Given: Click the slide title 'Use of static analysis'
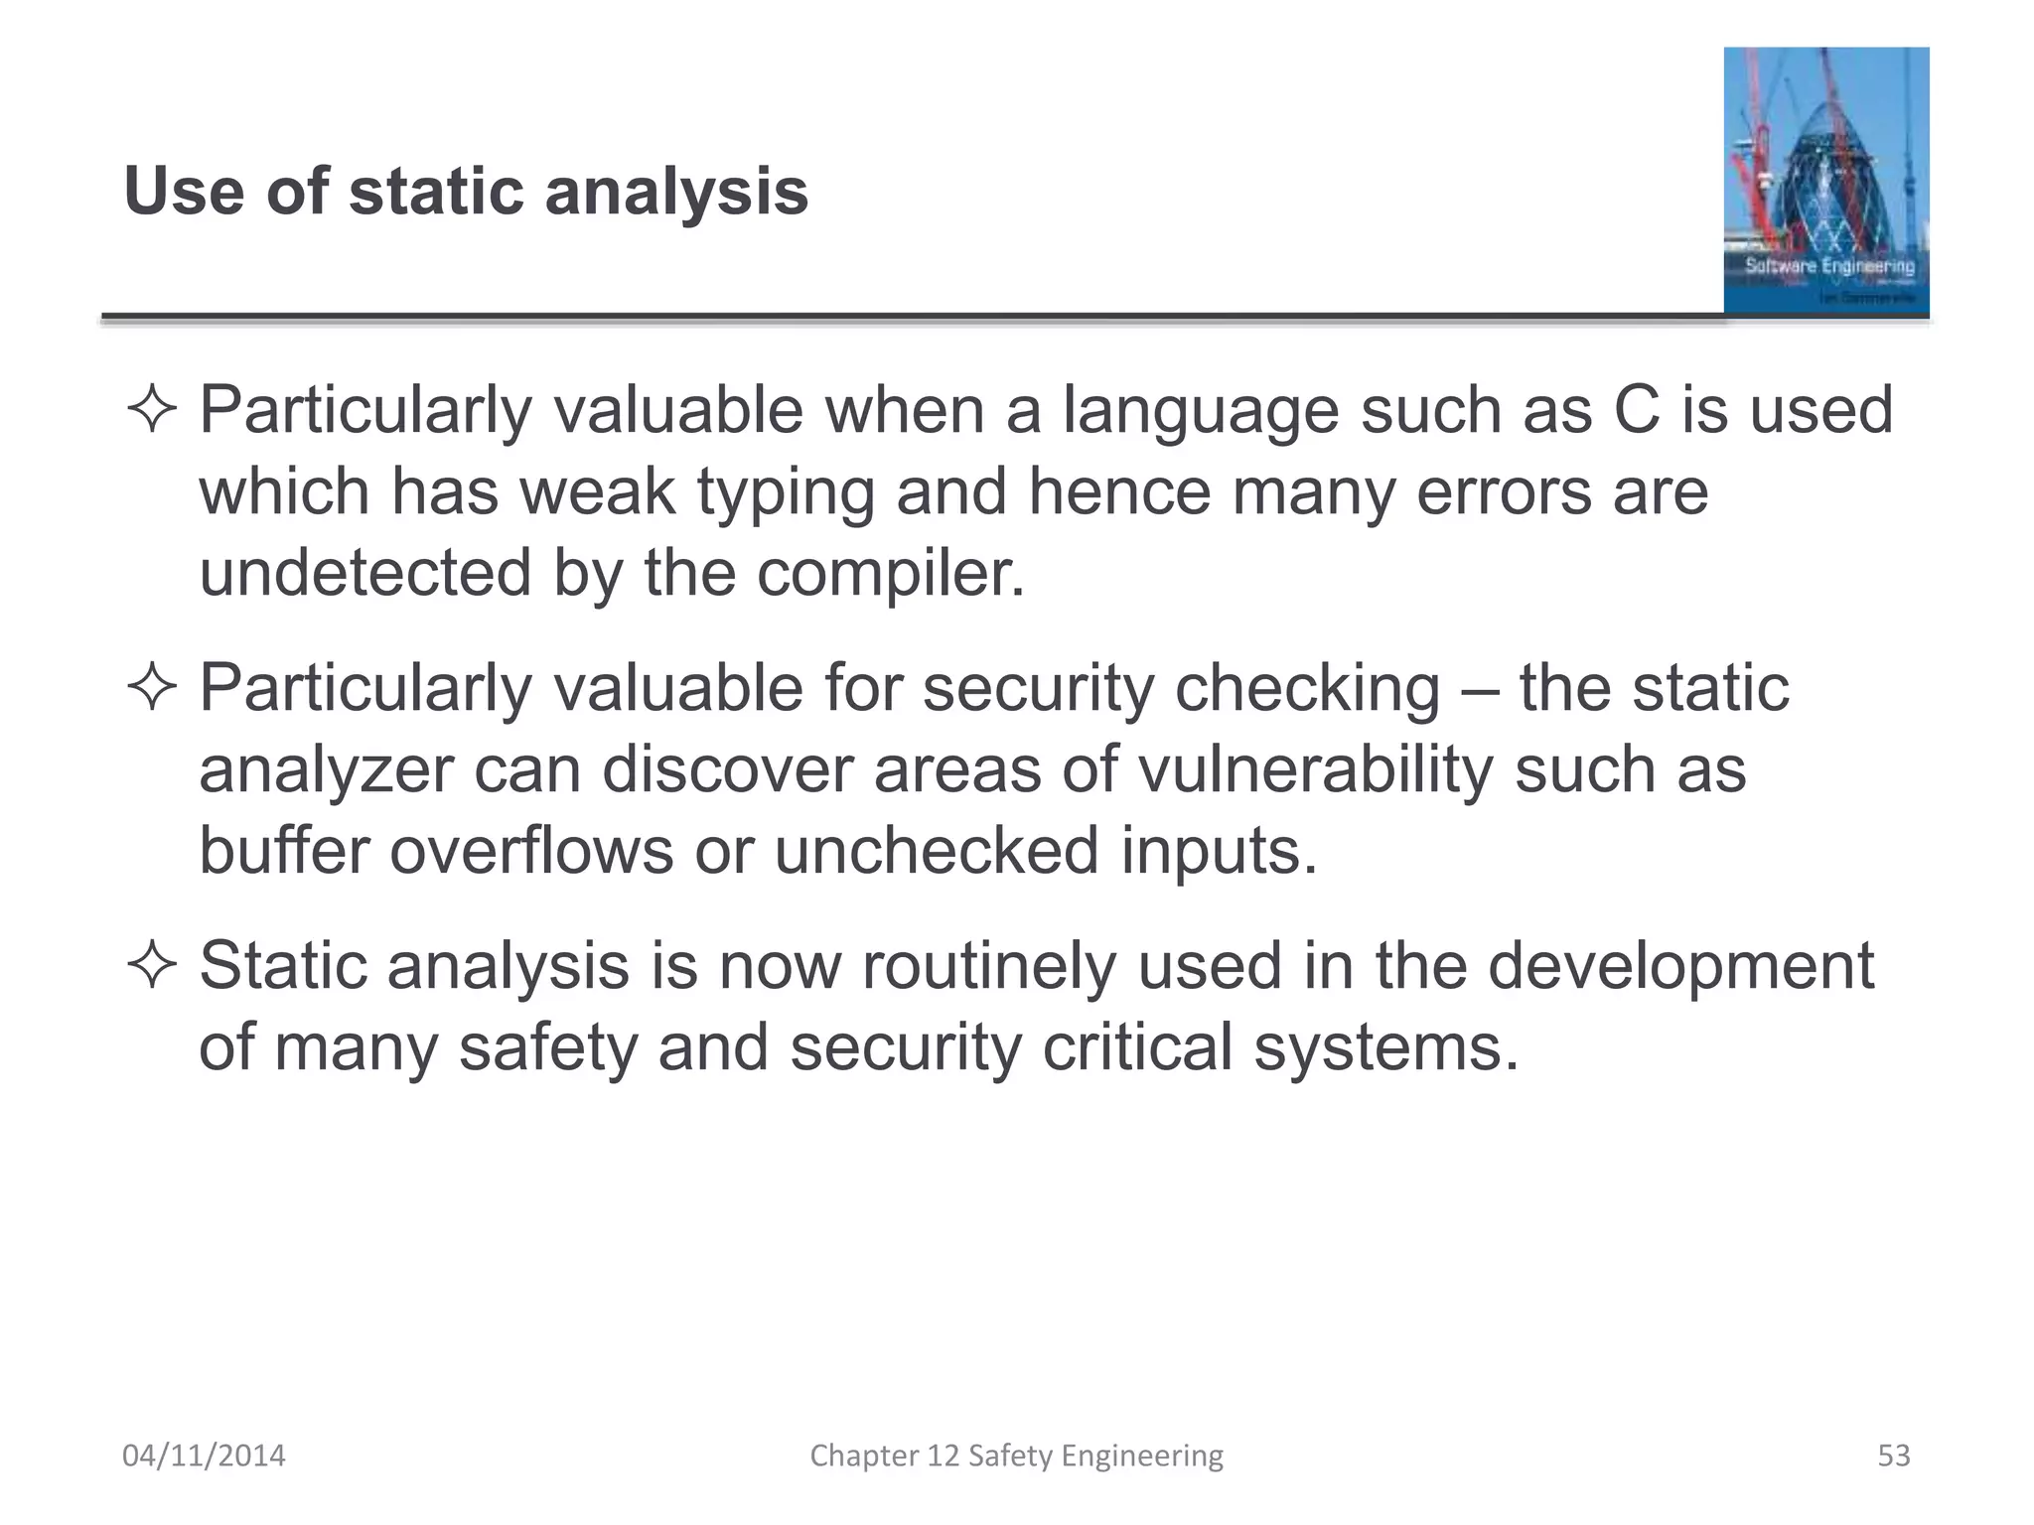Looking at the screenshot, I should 466,191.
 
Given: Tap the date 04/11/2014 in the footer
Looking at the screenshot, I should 204,1456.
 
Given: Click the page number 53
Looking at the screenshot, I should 1893,1456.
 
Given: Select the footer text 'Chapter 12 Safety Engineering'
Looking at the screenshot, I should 1016,1456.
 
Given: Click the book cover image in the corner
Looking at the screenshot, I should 1825,181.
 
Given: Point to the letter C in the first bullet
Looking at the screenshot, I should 1636,410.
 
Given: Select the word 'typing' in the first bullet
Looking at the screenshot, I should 785,493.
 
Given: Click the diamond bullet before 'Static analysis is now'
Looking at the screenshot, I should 152,965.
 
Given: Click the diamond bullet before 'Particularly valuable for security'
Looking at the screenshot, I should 152,687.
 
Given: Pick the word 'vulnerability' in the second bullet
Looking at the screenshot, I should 1314,770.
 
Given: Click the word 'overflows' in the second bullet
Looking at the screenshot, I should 530,851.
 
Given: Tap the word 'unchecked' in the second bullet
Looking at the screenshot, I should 936,851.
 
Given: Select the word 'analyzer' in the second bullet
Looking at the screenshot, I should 325,770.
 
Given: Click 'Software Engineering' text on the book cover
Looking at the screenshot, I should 1828,266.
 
